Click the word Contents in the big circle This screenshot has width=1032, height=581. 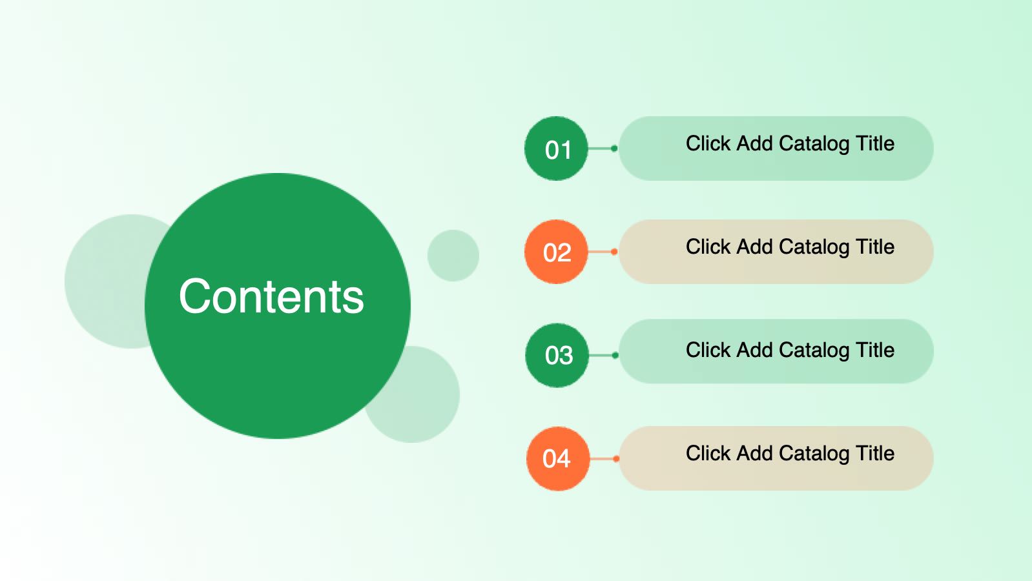(x=271, y=296)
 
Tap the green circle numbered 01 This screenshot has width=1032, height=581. (x=556, y=148)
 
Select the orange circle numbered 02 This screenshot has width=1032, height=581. (x=556, y=251)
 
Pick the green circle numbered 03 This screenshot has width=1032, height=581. (x=557, y=355)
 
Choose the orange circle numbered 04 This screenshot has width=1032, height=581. (x=558, y=458)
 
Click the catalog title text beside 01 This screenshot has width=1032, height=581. (x=790, y=144)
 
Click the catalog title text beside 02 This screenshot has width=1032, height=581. (x=790, y=247)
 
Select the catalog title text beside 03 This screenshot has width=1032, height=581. (x=790, y=351)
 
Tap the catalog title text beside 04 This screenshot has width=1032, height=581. (x=790, y=453)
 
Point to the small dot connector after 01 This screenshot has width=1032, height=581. (x=614, y=148)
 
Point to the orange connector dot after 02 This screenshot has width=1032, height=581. (x=614, y=251)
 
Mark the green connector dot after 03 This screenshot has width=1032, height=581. (x=615, y=355)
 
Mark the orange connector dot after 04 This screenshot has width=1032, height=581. (x=616, y=458)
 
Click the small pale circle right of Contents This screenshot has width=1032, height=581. (x=453, y=256)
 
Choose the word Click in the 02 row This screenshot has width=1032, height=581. (x=708, y=247)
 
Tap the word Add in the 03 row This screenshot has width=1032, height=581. (x=755, y=351)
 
